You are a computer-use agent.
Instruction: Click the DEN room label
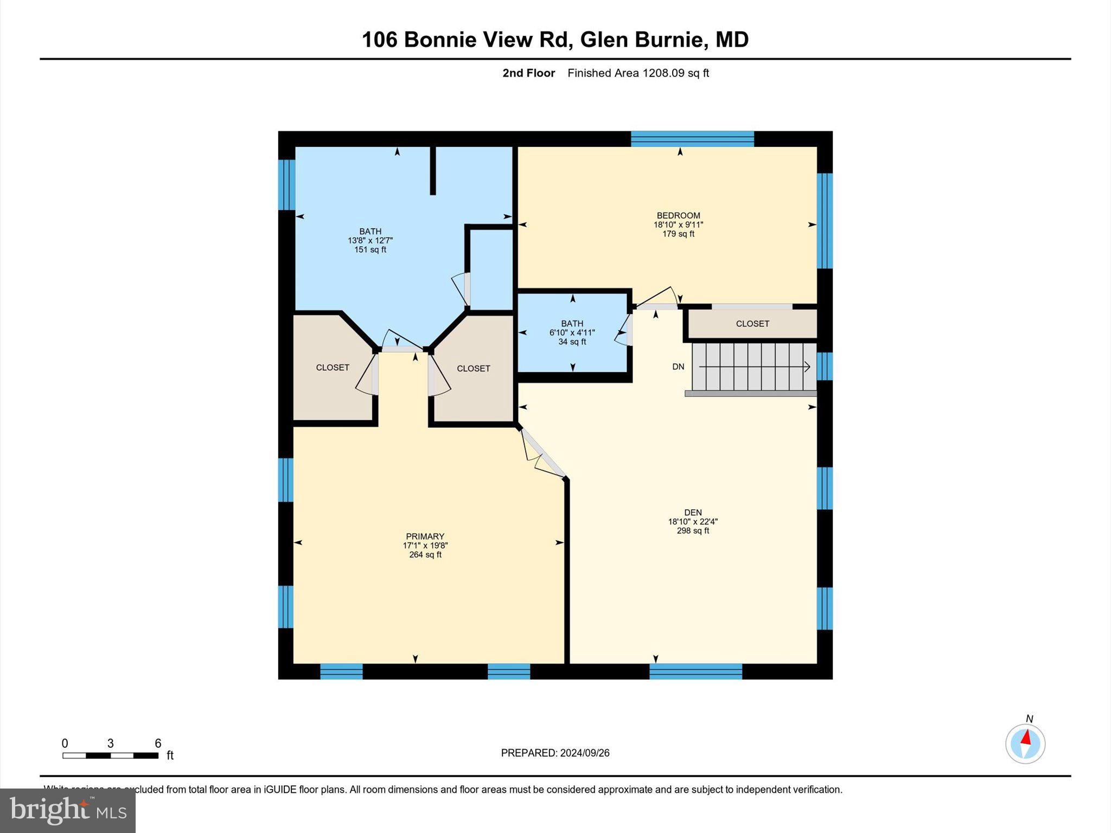pos(693,512)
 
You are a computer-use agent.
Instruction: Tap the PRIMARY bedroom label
pos(425,536)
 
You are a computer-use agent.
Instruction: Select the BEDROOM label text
pos(678,215)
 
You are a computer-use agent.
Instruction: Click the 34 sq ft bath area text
pos(572,342)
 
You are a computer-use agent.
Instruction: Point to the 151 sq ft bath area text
pos(370,250)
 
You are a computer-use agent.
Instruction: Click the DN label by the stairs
pos(678,367)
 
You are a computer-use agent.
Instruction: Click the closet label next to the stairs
pos(752,324)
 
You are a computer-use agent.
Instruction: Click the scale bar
pos(110,755)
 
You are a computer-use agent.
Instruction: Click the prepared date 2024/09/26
pos(555,753)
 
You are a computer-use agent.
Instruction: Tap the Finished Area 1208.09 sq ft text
pos(638,73)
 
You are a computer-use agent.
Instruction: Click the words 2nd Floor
pos(528,73)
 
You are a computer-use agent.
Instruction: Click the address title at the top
pos(555,40)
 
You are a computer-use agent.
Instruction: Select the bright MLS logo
pos(68,811)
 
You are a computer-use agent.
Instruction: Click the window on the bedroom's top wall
pos(692,139)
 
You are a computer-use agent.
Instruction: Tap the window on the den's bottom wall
pos(695,671)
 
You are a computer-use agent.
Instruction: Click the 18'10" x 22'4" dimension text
pos(693,522)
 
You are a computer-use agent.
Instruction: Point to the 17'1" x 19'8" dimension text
pos(425,546)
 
